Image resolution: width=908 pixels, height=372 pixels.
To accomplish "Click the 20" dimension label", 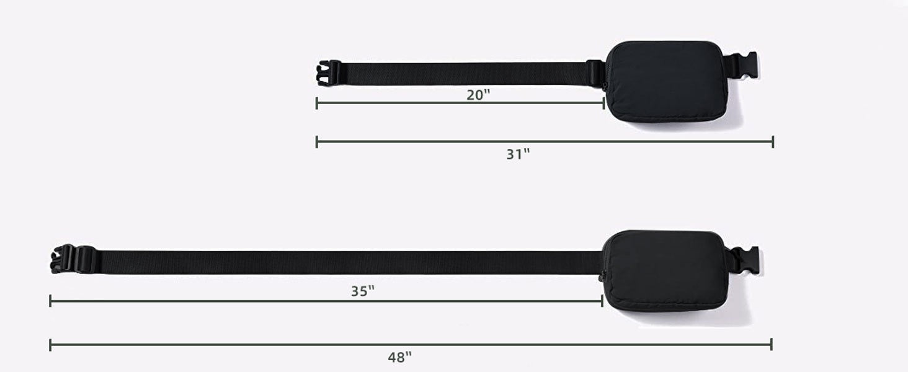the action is pyautogui.click(x=478, y=95).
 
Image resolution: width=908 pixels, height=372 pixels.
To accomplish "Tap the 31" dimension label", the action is pyautogui.click(x=518, y=154).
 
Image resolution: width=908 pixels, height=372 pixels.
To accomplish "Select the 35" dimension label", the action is pyautogui.click(x=362, y=291).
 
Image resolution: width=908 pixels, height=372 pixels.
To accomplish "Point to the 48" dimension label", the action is pyautogui.click(x=399, y=357).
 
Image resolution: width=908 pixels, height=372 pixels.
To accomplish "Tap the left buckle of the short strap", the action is pyautogui.click(x=329, y=73).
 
